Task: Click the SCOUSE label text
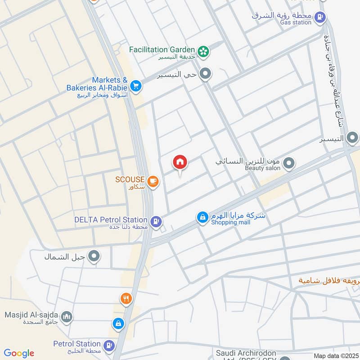click(x=130, y=179)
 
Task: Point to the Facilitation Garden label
click(x=162, y=49)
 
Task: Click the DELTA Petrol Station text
click(x=111, y=220)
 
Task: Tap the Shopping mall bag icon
click(x=202, y=218)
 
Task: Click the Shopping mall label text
click(x=233, y=222)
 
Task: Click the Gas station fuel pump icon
click(x=319, y=18)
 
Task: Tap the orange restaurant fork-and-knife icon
click(x=126, y=298)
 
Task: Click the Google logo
click(x=19, y=353)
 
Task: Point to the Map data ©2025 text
click(x=335, y=355)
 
